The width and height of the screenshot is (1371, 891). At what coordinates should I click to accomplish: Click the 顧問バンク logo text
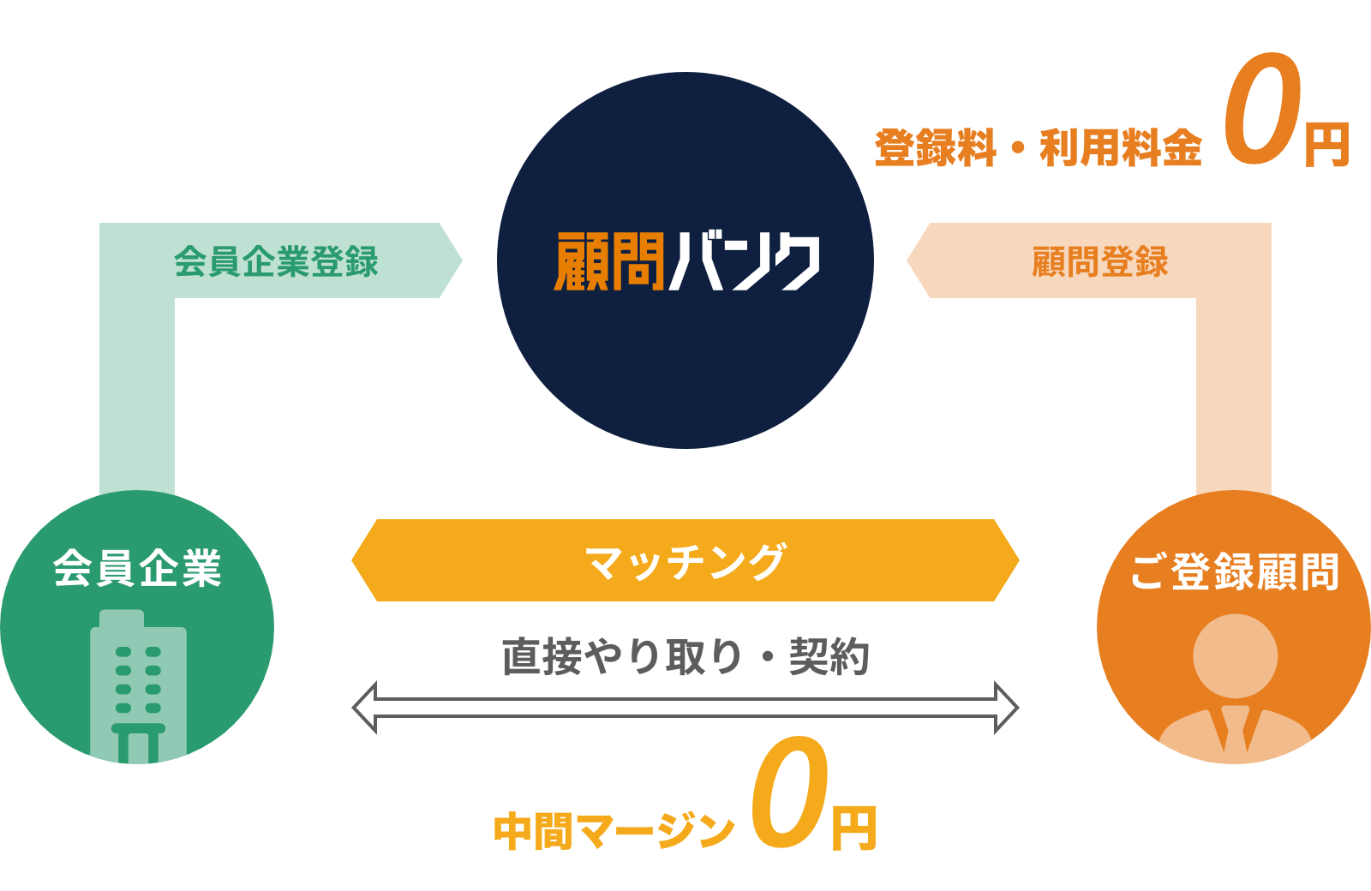click(686, 261)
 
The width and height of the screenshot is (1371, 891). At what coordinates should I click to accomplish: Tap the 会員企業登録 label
click(276, 261)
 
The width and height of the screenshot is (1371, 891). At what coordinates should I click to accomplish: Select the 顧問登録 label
click(1099, 261)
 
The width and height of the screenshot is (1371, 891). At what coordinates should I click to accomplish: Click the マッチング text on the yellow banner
click(685, 562)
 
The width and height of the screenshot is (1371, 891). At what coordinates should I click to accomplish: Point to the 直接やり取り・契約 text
click(685, 657)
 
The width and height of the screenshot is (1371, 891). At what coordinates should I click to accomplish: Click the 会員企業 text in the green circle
click(137, 568)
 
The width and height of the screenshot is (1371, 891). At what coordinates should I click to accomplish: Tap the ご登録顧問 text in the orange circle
click(1234, 571)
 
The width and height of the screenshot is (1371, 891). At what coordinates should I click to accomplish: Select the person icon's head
click(1235, 656)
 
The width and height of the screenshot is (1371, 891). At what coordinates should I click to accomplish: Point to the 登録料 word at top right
click(935, 148)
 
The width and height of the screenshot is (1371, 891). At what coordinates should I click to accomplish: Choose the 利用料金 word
click(1121, 148)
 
